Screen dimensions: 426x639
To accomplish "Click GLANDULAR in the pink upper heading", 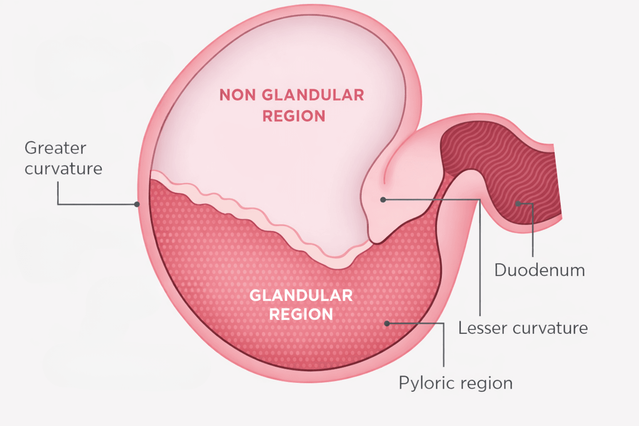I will pos(313,95).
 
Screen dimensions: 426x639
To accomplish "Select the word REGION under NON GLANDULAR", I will pos(294,116).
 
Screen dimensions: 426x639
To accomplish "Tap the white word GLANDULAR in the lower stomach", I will pos(301,295).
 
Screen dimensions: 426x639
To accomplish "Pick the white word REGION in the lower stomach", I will pos(301,315).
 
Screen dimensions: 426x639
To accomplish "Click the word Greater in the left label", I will pos(55,148).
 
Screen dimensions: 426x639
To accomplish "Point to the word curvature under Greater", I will pos(63,168).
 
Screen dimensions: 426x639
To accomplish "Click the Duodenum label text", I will pos(540,270).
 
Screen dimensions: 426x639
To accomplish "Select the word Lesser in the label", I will pos(483,328).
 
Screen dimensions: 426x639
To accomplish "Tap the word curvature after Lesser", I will pos(550,328).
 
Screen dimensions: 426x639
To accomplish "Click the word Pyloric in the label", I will pos(422,383).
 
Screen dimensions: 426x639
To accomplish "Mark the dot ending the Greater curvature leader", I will pos(137,204).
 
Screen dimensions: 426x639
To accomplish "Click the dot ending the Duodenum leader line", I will pos(518,203).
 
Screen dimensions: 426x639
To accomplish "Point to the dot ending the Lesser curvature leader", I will pos(383,200).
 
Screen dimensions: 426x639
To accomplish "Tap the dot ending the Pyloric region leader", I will pos(387,323).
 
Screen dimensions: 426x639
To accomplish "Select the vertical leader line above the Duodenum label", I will pos(533,233).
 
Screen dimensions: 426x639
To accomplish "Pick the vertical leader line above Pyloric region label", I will pos(444,345).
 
